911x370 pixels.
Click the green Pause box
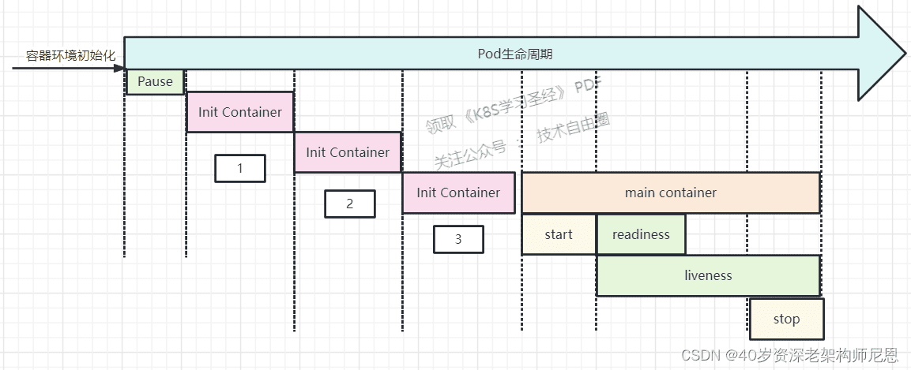coord(155,82)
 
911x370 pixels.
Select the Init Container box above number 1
coord(240,112)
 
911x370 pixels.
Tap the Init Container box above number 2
coord(348,152)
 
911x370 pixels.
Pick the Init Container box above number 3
coord(458,192)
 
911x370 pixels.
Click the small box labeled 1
coord(240,168)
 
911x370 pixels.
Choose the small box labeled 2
coord(350,204)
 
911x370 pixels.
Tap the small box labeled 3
coord(458,239)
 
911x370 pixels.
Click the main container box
coord(671,192)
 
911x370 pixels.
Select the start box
coord(559,234)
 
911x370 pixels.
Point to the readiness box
coord(641,234)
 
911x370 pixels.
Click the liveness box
coord(708,275)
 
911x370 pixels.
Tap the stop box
coord(787,319)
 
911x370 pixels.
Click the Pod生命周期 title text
coord(515,54)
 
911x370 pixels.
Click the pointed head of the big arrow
coord(905,53)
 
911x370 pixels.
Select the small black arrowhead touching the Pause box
coord(120,69)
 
